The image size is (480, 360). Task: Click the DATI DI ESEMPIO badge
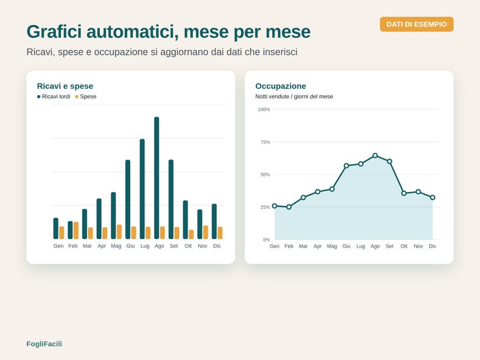417,24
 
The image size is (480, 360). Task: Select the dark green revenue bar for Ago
157,178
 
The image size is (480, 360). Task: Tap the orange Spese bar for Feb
76,231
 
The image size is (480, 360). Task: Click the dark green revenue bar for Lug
142,189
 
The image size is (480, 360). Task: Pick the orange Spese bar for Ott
191,234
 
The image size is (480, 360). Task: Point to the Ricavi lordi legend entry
54,97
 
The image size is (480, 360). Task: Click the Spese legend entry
86,97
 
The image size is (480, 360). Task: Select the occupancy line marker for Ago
375,155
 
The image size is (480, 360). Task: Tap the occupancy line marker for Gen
274,206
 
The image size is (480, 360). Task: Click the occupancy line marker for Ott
404,193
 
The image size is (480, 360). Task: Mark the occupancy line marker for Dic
433,198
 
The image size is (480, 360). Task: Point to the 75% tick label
265,142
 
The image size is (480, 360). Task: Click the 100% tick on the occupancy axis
264,109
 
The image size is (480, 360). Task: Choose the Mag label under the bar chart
116,246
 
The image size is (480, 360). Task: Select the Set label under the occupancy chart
389,246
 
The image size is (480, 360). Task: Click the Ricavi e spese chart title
65,86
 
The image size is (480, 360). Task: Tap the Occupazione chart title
281,86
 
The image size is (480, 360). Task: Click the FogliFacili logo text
44,344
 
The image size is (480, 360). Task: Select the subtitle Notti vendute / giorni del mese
294,97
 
